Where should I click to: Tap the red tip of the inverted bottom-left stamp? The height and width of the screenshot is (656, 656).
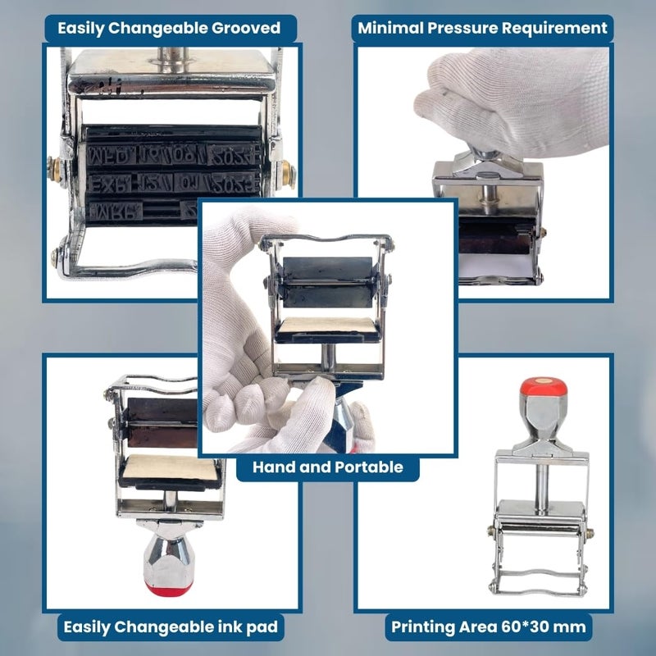[163, 588]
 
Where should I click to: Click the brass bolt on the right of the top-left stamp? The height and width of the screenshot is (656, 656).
[288, 172]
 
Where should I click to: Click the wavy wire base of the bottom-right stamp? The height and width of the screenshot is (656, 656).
[538, 584]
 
